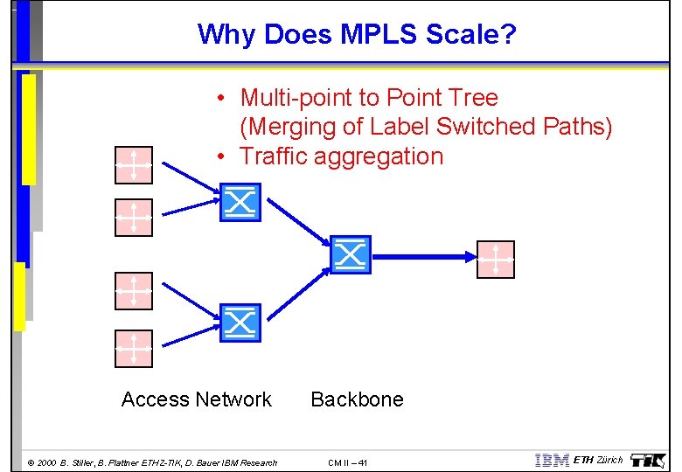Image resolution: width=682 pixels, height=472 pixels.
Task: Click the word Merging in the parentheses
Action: (x=292, y=127)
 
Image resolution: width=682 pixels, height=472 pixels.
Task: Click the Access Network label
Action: (x=197, y=399)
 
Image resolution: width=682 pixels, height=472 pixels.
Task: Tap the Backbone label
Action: (x=357, y=399)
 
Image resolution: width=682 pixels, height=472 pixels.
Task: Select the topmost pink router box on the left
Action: (x=134, y=164)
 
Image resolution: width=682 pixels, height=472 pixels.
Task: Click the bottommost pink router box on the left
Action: (x=134, y=348)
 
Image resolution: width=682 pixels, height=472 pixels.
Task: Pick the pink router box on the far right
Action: (x=496, y=260)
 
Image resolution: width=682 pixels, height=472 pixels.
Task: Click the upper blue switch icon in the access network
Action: (x=240, y=203)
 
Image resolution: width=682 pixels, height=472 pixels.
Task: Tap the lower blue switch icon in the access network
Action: (x=240, y=323)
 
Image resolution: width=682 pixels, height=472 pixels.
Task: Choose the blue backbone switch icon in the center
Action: (x=351, y=254)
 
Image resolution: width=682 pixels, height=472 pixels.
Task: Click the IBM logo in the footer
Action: (x=552, y=461)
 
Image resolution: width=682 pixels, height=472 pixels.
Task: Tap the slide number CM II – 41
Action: (x=348, y=462)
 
